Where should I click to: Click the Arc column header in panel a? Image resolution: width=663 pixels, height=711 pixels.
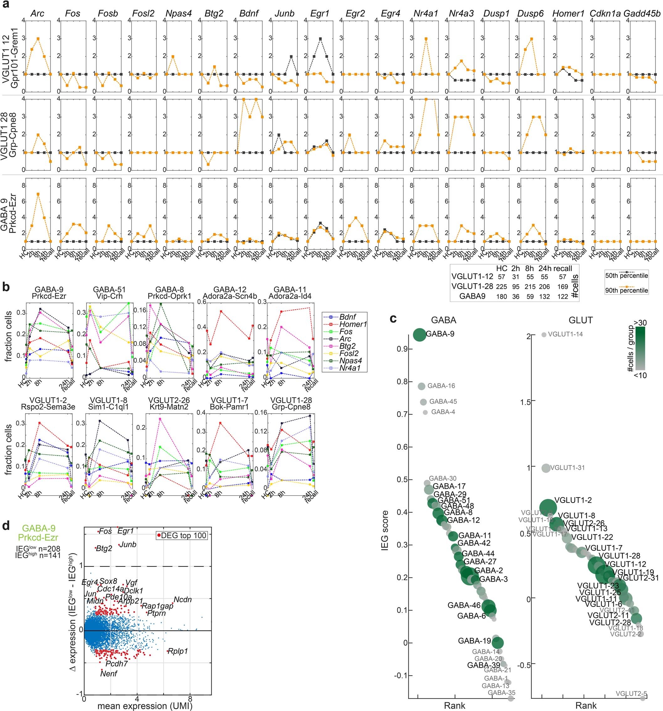click(37, 13)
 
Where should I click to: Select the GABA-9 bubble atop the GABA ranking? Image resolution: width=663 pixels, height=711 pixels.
click(419, 335)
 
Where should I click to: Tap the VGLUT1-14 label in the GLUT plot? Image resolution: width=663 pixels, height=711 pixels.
click(565, 334)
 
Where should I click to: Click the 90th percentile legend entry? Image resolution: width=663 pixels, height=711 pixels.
click(626, 291)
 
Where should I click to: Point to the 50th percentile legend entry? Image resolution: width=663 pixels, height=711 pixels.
click(626, 275)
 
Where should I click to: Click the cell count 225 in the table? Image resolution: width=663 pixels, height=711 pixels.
click(502, 286)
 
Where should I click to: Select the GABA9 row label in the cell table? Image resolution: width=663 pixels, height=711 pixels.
click(472, 296)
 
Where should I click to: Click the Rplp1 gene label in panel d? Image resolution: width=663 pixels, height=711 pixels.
click(177, 651)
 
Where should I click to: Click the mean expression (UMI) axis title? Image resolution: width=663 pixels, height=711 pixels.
click(145, 706)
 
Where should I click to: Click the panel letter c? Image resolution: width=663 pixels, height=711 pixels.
click(393, 318)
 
